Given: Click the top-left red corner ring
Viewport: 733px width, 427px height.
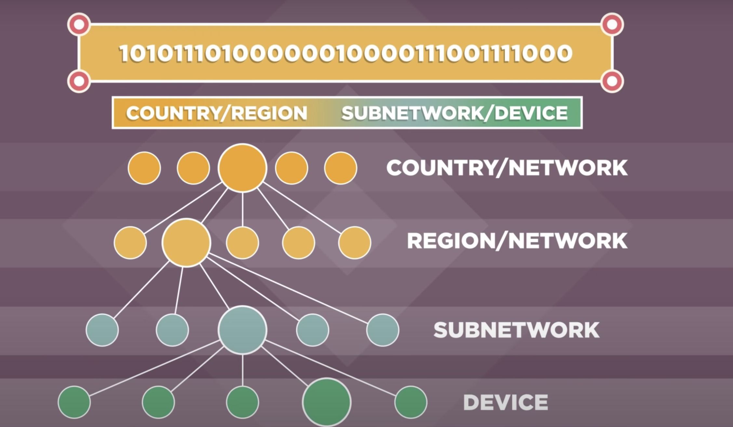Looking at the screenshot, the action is (79, 24).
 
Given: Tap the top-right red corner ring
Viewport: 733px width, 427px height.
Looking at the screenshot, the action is (612, 24).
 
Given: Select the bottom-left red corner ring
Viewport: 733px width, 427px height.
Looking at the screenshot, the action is (79, 81).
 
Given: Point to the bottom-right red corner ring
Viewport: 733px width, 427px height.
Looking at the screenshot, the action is (612, 81).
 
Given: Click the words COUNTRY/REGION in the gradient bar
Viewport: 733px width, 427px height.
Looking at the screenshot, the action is (217, 113).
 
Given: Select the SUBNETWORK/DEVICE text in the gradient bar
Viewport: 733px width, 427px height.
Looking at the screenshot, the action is (454, 113).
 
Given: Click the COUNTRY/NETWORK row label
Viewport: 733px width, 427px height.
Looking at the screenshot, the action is (507, 168).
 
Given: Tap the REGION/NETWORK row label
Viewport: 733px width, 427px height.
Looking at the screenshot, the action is (517, 241).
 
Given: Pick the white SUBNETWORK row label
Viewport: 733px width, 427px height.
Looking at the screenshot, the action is (516, 330).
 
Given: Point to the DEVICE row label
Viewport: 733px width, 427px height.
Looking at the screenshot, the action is (505, 402).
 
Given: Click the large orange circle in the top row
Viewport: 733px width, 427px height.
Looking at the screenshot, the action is (242, 168).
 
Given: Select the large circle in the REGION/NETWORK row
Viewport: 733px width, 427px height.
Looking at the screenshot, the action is (186, 242).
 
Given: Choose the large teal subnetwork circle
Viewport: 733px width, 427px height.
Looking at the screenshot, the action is (242, 330).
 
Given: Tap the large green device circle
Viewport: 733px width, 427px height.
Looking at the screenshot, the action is (327, 402).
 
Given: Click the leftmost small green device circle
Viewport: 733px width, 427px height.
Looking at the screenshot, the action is (74, 402).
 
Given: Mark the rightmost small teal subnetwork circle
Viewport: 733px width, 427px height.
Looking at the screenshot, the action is (382, 330).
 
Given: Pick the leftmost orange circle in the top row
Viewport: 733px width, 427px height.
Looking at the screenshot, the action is (144, 168).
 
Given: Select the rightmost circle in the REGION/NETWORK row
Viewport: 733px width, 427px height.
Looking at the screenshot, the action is (354, 242).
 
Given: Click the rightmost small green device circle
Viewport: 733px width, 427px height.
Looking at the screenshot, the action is (411, 402).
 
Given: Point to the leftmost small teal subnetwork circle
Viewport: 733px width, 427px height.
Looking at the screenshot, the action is (102, 330).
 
